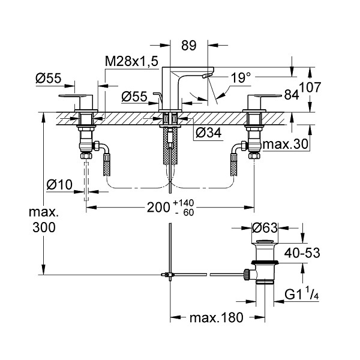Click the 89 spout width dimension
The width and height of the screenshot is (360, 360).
189,46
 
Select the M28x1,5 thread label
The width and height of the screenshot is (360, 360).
131,61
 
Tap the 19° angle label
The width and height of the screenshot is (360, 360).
241,77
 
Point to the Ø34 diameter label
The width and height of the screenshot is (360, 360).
209,133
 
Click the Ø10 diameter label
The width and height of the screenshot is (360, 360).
59,185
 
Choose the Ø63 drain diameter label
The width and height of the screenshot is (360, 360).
265,228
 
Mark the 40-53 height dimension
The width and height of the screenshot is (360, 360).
302,253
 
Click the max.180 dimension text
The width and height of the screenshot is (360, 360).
216,317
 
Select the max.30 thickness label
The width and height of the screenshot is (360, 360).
286,145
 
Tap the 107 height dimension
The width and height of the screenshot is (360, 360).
310,88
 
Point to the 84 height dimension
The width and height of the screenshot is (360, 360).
292,94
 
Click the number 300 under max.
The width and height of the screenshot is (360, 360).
44,227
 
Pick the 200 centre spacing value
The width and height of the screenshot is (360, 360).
158,208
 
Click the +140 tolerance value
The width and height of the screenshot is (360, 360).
184,203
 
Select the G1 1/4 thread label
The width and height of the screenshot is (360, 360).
301,295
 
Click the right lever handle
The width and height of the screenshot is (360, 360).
265,99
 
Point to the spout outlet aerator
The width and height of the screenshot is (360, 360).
207,76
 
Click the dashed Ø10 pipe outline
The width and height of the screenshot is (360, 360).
86,181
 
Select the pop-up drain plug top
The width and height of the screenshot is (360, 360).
265,242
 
